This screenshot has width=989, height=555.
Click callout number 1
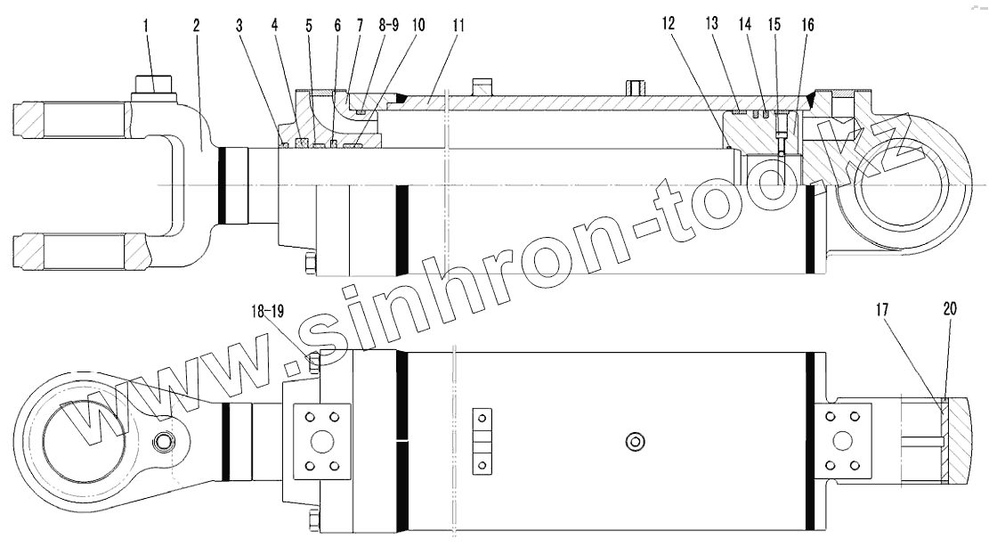(146, 26)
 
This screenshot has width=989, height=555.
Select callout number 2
(196, 26)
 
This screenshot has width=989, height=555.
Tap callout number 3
(239, 26)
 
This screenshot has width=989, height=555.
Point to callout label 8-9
(388, 25)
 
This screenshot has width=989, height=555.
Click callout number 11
(458, 25)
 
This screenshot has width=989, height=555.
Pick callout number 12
(669, 24)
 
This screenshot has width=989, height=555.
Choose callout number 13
(711, 24)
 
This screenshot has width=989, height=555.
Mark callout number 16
(807, 25)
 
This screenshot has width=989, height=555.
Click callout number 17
(882, 309)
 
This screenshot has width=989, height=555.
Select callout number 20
(950, 309)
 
